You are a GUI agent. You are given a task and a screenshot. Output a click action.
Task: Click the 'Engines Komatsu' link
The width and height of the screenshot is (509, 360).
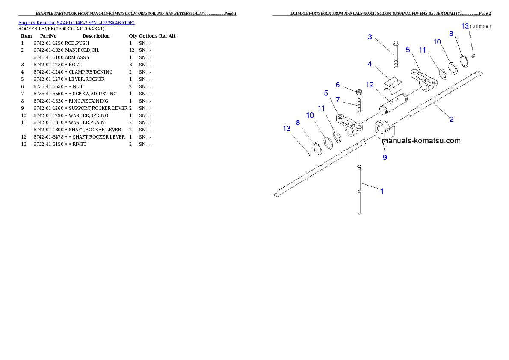pyautogui.click(x=37, y=23)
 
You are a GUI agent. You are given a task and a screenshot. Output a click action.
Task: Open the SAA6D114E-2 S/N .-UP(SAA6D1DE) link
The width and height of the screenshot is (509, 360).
pyautogui.click(x=96, y=23)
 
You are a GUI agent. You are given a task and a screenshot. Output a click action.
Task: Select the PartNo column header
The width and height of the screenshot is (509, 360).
pyautogui.click(x=48, y=36)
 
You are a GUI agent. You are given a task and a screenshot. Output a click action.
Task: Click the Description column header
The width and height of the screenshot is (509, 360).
pyautogui.click(x=96, y=36)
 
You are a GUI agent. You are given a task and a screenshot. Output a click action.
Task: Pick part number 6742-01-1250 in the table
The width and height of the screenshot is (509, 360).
pyautogui.click(x=48, y=43)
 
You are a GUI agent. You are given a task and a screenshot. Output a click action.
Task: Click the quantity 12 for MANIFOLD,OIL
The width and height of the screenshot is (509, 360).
pyautogui.click(x=131, y=50)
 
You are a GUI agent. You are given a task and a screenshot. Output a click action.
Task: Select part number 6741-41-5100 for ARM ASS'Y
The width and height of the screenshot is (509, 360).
pyautogui.click(x=48, y=57)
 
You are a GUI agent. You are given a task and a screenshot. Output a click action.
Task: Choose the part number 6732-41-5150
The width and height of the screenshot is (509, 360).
pyautogui.click(x=48, y=144)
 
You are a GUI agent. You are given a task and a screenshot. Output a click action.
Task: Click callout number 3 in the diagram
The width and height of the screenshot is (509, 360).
pyautogui.click(x=370, y=37)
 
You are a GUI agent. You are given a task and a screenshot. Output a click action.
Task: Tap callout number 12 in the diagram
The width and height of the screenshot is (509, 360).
pyautogui.click(x=370, y=85)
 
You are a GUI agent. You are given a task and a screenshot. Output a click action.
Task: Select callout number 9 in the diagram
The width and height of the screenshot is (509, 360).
pyautogui.click(x=385, y=157)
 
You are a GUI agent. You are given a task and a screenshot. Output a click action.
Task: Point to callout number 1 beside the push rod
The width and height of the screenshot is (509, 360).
pyautogui.click(x=382, y=191)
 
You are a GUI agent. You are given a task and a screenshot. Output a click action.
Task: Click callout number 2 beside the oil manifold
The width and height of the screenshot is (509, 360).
pyautogui.click(x=451, y=119)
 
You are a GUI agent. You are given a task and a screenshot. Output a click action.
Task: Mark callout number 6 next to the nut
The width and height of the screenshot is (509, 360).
pyautogui.click(x=337, y=85)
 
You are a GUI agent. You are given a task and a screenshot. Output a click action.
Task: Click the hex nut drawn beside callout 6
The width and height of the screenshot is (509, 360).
pyautogui.click(x=359, y=92)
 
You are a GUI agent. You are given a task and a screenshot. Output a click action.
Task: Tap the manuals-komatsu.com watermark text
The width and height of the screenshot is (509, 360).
pyautogui.click(x=421, y=141)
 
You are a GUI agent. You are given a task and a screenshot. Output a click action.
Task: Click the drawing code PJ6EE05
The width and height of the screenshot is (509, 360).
pyautogui.click(x=481, y=27)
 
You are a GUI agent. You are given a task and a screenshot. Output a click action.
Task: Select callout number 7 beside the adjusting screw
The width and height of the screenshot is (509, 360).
pyautogui.click(x=337, y=100)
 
